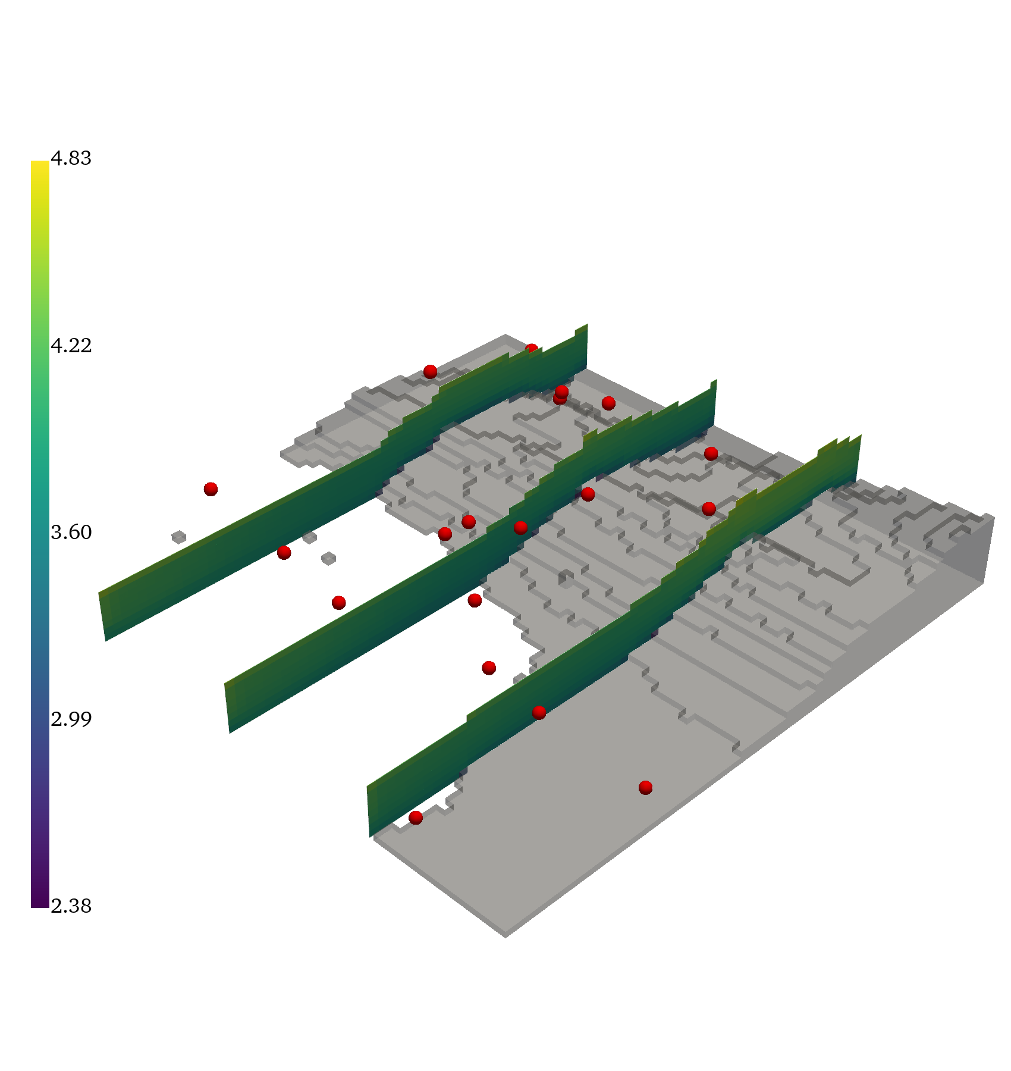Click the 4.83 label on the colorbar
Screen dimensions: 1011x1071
pyautogui.click(x=71, y=158)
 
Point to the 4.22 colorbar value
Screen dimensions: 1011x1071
pyautogui.click(x=71, y=345)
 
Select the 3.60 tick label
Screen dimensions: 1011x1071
pyautogui.click(x=71, y=532)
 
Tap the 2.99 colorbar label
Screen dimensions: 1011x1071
pyautogui.click(x=71, y=719)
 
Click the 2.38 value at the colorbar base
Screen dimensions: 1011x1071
pyautogui.click(x=71, y=906)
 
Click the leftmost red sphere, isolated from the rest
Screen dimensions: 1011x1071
pyautogui.click(x=211, y=489)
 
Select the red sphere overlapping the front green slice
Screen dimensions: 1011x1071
pyautogui.click(x=539, y=712)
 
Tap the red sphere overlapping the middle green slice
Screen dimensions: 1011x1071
pyautogui.click(x=520, y=528)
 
